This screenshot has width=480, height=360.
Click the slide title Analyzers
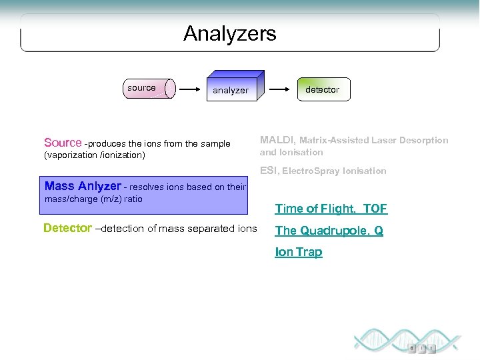pos(229,33)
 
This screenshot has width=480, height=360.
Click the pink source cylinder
pos(150,88)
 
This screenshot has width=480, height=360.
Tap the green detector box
pos(323,89)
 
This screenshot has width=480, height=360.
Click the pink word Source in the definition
pos(63,143)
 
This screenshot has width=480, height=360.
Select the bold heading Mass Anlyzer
pos(83,186)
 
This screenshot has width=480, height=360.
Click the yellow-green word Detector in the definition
pos(67,228)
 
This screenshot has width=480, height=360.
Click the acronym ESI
pos(269,171)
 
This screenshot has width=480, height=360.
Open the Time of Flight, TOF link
pos(331,209)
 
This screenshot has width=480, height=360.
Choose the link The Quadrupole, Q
pos(329,231)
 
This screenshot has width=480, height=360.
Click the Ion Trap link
pos(298,252)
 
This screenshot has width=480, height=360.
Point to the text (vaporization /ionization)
pos(94,155)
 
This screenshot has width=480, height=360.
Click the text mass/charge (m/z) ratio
pos(93,199)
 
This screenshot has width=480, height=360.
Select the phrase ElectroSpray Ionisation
pos(334,171)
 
